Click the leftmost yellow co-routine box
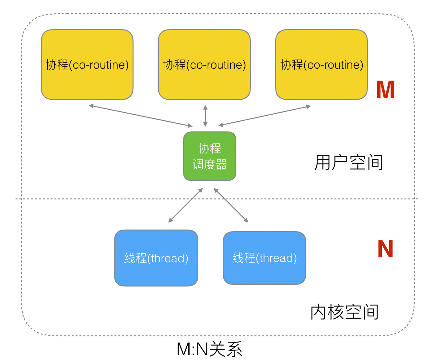point(87,65)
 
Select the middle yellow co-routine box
point(204,65)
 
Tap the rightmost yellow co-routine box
point(322,65)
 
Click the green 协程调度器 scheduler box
point(210,156)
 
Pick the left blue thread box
point(156,258)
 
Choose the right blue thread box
point(264,258)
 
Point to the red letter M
point(385,90)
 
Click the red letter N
point(385,249)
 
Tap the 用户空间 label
point(349,163)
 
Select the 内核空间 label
point(345,312)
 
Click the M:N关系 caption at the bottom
point(210,349)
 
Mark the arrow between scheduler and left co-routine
point(141,116)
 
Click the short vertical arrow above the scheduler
point(205,116)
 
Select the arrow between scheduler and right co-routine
point(264,116)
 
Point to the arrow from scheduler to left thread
point(186,205)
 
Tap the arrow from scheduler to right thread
point(231,205)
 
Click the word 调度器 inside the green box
point(210,164)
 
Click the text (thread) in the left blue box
point(168,258)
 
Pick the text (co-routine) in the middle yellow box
point(216,65)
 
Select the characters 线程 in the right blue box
point(244,258)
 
